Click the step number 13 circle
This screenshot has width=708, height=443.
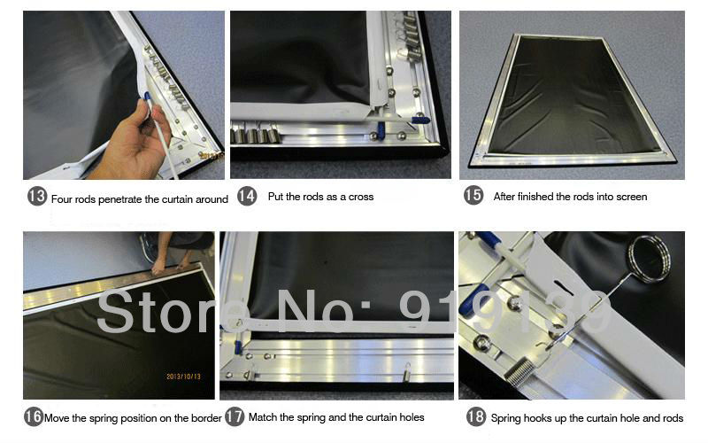37,196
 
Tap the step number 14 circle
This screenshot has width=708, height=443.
247,196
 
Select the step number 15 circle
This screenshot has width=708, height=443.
473,195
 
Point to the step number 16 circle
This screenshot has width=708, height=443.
34,416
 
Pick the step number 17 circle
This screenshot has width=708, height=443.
235,416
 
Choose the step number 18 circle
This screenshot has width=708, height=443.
476,416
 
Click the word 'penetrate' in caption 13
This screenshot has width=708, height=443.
120,200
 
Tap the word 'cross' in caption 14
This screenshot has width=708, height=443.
361,197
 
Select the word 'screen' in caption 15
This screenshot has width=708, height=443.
632,197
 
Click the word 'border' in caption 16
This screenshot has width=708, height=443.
206,418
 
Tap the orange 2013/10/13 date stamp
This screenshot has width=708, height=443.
183,376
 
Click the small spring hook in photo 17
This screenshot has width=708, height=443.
407,372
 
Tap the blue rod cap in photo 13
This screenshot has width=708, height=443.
147,96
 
